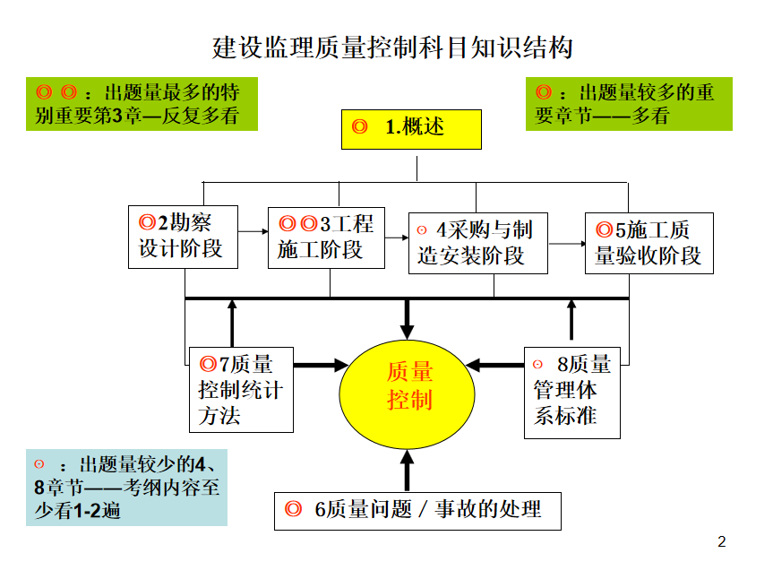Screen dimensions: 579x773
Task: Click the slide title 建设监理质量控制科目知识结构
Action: point(392,48)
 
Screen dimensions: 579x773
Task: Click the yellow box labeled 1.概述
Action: point(411,128)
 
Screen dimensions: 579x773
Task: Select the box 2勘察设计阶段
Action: point(183,236)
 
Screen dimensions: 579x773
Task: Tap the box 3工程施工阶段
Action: point(326,237)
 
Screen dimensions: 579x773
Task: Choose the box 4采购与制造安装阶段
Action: point(477,243)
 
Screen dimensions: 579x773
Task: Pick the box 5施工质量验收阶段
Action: point(648,243)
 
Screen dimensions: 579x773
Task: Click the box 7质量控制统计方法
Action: point(241,390)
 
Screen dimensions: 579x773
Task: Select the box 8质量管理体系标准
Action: point(571,390)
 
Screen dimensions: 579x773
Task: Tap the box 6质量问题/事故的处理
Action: point(418,510)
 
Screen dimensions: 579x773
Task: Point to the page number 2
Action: point(722,541)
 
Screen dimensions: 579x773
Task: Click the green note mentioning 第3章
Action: point(142,104)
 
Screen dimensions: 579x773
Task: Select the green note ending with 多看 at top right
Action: point(628,104)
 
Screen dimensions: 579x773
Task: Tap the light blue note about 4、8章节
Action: point(125,487)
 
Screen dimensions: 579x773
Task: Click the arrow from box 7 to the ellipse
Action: point(320,365)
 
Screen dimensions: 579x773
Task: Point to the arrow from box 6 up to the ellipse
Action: point(408,468)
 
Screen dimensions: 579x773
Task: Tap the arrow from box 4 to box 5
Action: point(566,243)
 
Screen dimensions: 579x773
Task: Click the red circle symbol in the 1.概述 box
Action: point(360,127)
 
